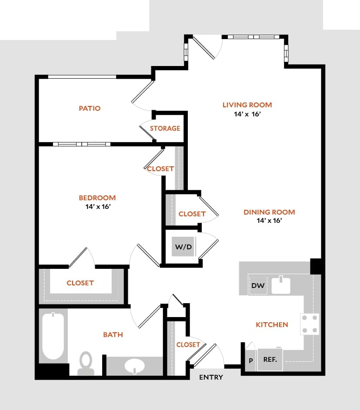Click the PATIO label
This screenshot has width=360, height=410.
pos(90,108)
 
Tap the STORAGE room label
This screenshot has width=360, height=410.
pos(165,128)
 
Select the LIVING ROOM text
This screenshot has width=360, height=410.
pos(247,105)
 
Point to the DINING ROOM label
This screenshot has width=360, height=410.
pos(269,212)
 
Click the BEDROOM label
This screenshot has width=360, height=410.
pos(97,198)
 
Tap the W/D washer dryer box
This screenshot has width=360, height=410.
pos(183,247)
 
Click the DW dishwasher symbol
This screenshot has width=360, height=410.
pos(258,286)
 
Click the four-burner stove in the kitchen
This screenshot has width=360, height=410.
pos(310,324)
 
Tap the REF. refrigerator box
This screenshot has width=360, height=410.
pos(270,360)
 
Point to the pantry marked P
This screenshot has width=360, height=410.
pos(250,360)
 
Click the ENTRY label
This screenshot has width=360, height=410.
pos(211,377)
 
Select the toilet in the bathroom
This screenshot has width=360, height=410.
pos(86,363)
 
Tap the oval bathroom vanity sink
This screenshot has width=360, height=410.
pos(135,367)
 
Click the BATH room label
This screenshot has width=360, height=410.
pos(113,334)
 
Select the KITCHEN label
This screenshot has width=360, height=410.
pos(272,324)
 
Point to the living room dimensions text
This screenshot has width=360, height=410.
pos(247,114)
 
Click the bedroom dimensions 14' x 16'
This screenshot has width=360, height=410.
pos(97,207)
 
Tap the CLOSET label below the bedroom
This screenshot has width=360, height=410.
pos(80,283)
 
